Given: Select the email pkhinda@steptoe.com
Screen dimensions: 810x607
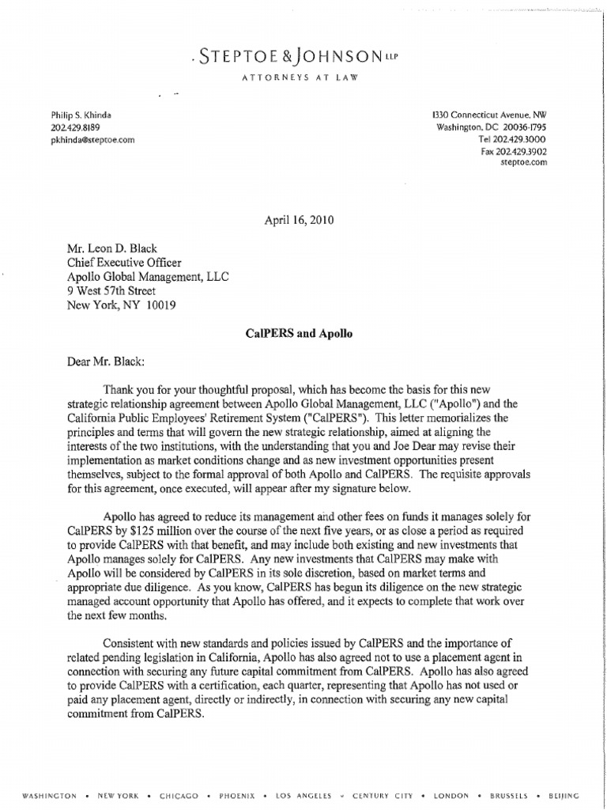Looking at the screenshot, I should pos(92,139).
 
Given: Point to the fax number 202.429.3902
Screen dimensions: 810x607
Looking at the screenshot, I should pos(514,151).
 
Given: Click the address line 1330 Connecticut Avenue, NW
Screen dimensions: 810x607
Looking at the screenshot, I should pos(492,115).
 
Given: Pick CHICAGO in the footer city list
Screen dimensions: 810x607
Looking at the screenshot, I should pos(178,795).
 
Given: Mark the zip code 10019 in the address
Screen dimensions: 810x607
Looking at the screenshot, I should pos(159,304).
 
